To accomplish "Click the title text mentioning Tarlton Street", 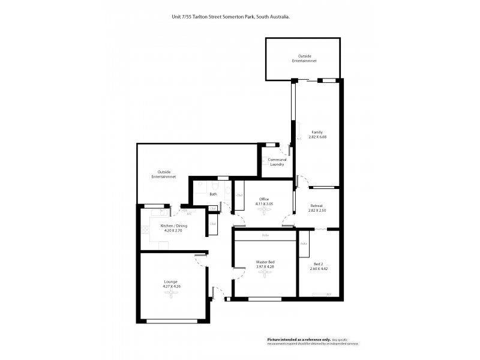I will tap(231, 17).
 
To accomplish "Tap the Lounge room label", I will tap(171, 281).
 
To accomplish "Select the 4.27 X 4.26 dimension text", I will tap(171, 287).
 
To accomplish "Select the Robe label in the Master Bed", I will tap(265, 235).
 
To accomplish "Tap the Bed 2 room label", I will tap(319, 263).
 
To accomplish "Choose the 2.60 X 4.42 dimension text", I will tap(319, 269).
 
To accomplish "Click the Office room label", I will tap(264, 199).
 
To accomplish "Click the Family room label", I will tap(317, 132).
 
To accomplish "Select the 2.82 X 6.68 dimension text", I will tap(317, 137).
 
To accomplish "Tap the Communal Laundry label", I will tap(277, 162).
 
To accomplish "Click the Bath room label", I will tap(213, 194).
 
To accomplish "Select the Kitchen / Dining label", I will tap(174, 226).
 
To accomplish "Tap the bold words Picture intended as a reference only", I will tap(298, 339).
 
